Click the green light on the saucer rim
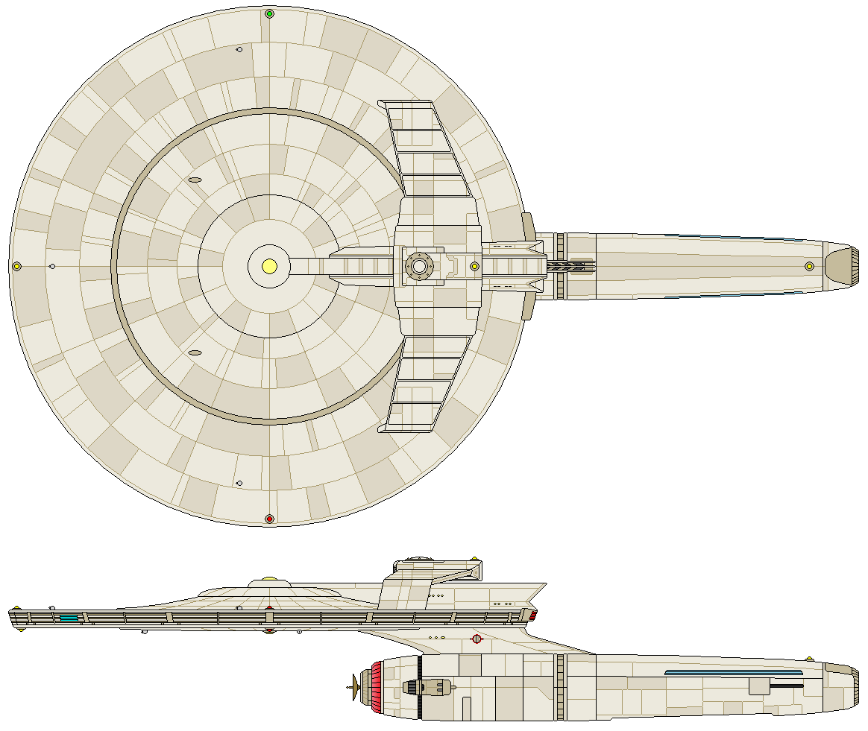click(x=269, y=13)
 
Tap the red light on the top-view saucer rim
click(x=269, y=518)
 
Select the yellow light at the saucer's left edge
click(x=16, y=266)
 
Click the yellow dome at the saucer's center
click(x=270, y=265)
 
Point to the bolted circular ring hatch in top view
click(x=419, y=266)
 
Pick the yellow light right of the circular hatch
click(x=474, y=266)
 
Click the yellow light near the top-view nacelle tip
click(x=809, y=266)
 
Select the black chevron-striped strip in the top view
click(x=572, y=265)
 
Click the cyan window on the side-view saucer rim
click(x=69, y=617)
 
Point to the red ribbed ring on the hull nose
click(x=377, y=684)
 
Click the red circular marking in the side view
click(x=477, y=639)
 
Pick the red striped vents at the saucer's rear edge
click(x=532, y=616)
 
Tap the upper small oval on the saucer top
click(x=195, y=180)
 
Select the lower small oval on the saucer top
click(x=195, y=352)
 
